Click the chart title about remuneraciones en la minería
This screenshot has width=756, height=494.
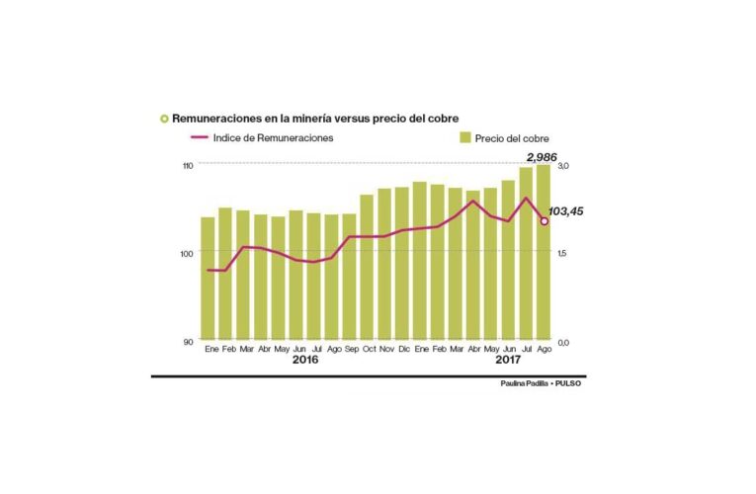(x=314, y=119)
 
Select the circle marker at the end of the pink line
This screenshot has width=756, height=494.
(x=544, y=221)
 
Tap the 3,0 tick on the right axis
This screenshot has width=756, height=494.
(x=563, y=165)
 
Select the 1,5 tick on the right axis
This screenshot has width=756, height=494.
(x=563, y=254)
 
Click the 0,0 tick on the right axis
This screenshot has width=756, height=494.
(x=563, y=342)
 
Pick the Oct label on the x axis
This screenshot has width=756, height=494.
(x=368, y=350)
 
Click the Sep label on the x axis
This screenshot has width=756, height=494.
(x=350, y=350)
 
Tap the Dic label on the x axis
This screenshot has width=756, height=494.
(x=402, y=350)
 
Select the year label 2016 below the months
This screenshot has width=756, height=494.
(x=305, y=362)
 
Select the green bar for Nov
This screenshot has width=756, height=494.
(x=384, y=262)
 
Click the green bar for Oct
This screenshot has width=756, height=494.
(x=367, y=266)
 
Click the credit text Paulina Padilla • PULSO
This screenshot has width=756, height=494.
(x=541, y=383)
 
